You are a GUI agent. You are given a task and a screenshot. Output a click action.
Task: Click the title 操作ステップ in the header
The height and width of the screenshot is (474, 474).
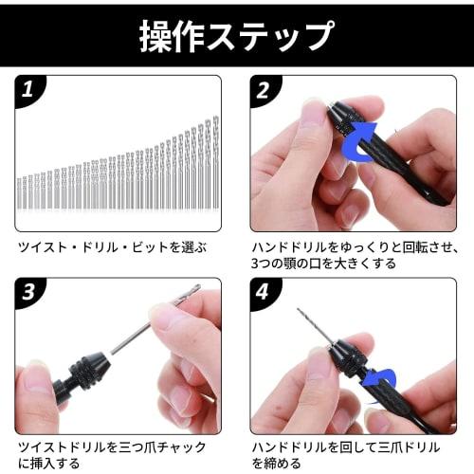point(237,34)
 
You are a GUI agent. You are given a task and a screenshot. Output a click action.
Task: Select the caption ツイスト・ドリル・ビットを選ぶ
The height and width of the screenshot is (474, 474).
point(112,248)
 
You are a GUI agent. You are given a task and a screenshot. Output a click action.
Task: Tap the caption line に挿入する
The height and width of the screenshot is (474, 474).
point(47,463)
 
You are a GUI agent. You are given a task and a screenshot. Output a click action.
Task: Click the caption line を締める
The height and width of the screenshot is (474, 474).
point(279,463)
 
